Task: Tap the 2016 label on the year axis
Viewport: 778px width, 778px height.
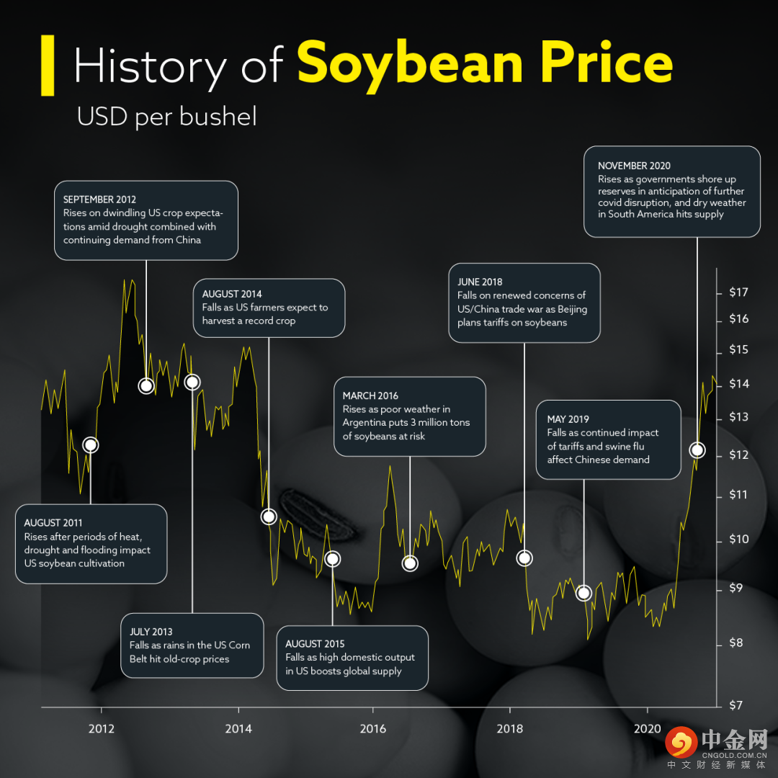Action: tap(373, 728)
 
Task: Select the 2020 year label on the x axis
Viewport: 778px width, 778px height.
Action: tap(648, 728)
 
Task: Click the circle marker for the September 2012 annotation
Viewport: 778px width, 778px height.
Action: tap(146, 385)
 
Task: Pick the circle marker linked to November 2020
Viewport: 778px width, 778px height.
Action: tap(697, 450)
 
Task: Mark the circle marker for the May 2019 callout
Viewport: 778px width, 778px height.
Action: tap(584, 593)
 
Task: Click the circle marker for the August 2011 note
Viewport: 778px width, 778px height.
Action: tap(90, 444)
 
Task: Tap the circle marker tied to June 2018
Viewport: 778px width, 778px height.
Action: tap(524, 558)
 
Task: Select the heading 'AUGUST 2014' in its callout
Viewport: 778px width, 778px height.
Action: tap(232, 294)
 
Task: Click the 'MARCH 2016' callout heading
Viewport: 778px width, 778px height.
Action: tap(370, 395)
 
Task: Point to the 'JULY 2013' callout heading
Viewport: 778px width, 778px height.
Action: tap(151, 632)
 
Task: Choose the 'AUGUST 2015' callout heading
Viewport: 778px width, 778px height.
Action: tap(315, 644)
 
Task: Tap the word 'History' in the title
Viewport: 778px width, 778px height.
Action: tap(150, 66)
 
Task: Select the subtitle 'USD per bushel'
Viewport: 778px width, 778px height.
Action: tap(166, 117)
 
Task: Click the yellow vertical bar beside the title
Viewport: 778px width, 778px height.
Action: tap(48, 65)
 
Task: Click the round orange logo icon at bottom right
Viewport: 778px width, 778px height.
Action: tap(680, 743)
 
